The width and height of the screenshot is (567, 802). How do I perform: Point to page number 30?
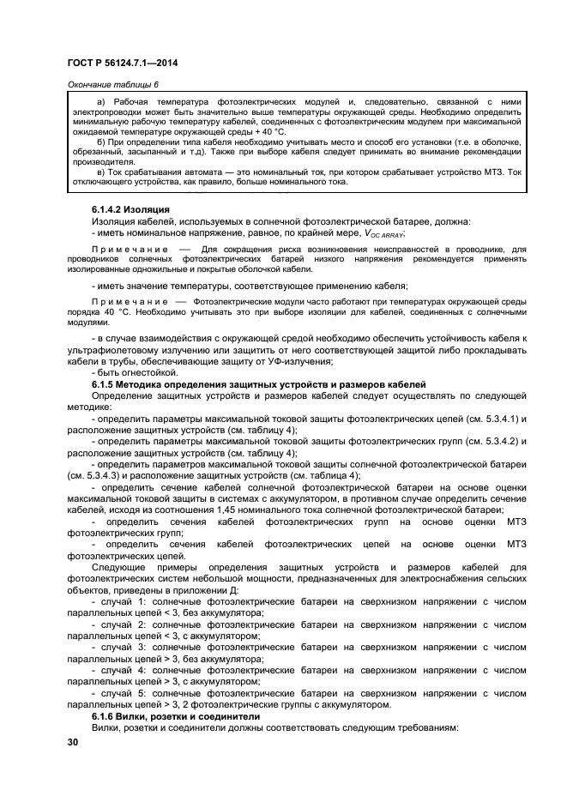[x=73, y=742]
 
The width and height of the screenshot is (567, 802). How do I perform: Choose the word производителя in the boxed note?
[x=102, y=160]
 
